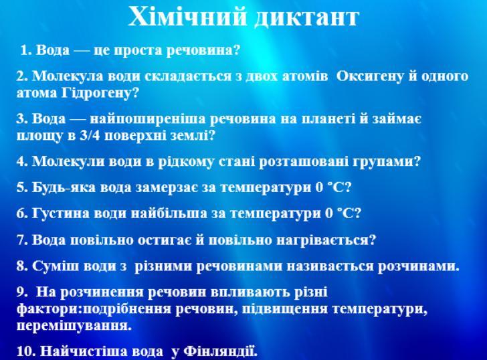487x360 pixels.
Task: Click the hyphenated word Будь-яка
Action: point(64,187)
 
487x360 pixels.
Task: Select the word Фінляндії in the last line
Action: point(221,351)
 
